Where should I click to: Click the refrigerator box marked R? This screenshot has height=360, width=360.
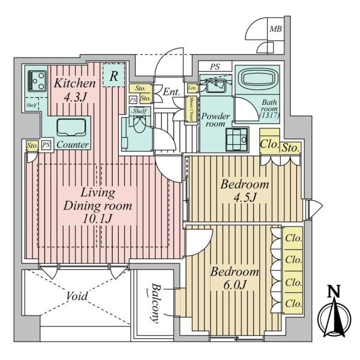tap(113, 75)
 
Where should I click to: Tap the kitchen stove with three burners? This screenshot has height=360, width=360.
tap(37, 81)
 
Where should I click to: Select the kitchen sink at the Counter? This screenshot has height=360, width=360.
tap(71, 127)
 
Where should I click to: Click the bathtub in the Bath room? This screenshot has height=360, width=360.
tap(257, 79)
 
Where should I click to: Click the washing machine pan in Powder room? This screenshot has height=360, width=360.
tap(238, 139)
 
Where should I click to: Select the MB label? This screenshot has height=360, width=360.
tap(275, 29)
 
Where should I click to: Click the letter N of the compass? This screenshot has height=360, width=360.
tap(334, 292)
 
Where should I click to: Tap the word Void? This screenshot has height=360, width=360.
tap(77, 296)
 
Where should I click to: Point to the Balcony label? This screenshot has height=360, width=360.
tap(155, 303)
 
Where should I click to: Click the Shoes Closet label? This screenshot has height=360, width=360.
tap(191, 109)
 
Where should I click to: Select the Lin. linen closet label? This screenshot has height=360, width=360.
tap(192, 88)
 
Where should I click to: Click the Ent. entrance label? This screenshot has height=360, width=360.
tap(171, 92)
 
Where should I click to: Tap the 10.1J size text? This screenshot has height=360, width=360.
tap(97, 218)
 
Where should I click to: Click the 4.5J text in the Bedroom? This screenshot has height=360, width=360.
tap(245, 197)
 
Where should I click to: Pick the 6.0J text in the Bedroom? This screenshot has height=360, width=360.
tap(235, 284)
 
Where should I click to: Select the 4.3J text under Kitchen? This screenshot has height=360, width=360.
tap(75, 97)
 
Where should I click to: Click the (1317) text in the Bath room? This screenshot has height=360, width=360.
tap(269, 115)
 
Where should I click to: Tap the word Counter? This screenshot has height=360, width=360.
tap(73, 145)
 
